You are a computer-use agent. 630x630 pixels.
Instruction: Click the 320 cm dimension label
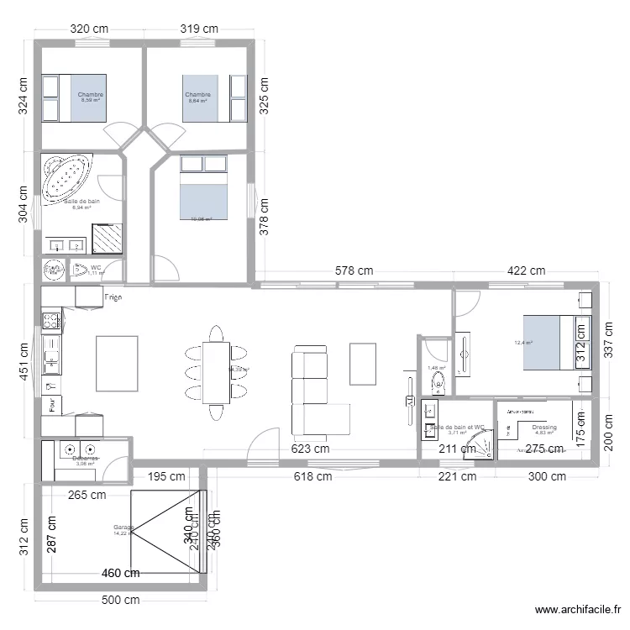(90, 28)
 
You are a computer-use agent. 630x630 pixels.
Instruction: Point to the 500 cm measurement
(120, 601)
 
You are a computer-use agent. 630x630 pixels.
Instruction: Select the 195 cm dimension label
(166, 477)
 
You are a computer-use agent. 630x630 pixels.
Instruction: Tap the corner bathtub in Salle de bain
(66, 177)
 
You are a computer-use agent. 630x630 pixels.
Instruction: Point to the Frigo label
(115, 297)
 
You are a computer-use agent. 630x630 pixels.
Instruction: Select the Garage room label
(123, 528)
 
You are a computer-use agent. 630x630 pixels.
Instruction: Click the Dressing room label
(544, 428)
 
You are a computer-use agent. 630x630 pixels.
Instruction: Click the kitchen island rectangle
(118, 363)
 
